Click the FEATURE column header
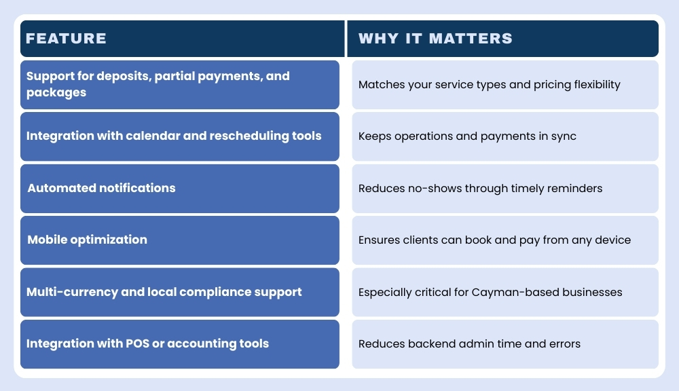pyautogui.click(x=66, y=39)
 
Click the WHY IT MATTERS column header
pyautogui.click(x=435, y=39)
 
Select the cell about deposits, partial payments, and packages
pyautogui.click(x=179, y=85)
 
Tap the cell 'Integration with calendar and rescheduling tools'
pyautogui.click(x=179, y=136)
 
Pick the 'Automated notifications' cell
pyautogui.click(x=179, y=189)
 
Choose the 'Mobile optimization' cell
pyautogui.click(x=179, y=240)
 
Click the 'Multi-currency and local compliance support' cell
pyautogui.click(x=179, y=292)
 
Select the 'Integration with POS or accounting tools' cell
pyautogui.click(x=179, y=344)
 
